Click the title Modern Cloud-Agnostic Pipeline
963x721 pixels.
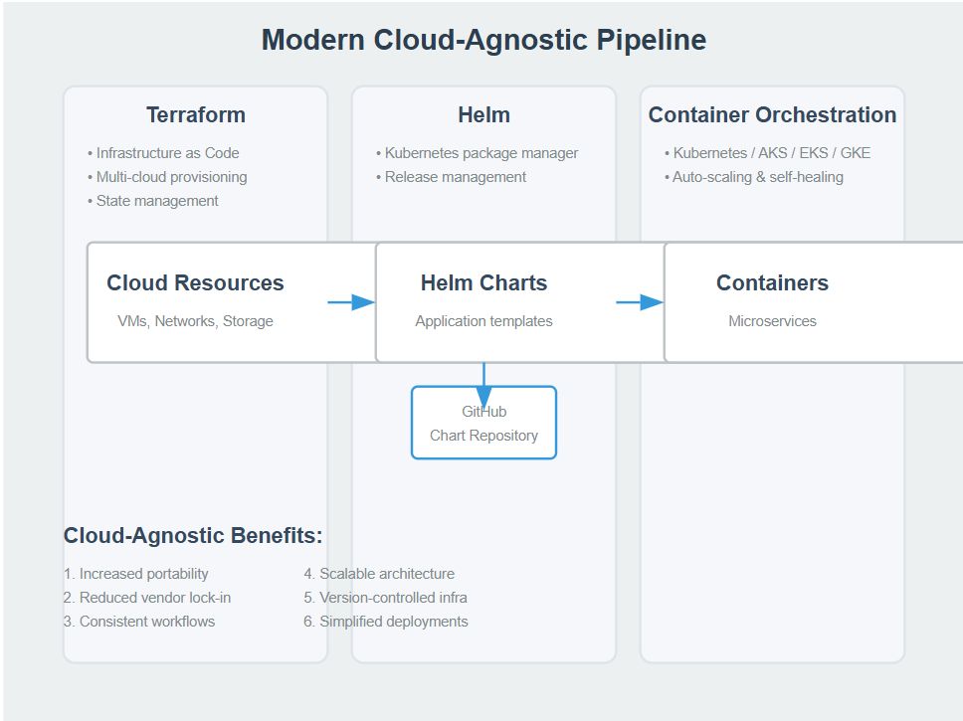tap(483, 40)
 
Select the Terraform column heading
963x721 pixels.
tap(195, 115)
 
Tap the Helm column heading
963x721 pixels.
tap(483, 115)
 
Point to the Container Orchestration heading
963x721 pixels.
tap(772, 115)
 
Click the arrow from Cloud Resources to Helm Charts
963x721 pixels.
tap(350, 302)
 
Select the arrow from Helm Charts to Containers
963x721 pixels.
tap(639, 302)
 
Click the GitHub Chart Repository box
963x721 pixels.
tap(483, 424)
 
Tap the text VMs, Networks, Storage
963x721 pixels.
tap(195, 321)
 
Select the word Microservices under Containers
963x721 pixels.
tap(772, 321)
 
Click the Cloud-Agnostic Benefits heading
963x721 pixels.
tap(193, 536)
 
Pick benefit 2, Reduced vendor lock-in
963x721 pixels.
tap(147, 598)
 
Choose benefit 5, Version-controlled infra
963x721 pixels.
tap(385, 598)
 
